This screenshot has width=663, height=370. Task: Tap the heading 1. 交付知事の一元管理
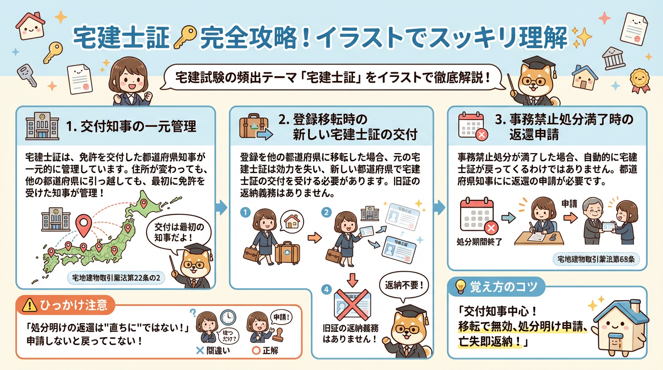pos(131,127)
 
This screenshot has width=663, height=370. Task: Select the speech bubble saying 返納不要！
pos(404,284)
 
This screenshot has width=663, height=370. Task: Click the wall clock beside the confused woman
pos(227,317)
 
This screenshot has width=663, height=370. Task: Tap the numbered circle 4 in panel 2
pos(327,290)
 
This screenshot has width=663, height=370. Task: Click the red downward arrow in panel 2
pos(353,279)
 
